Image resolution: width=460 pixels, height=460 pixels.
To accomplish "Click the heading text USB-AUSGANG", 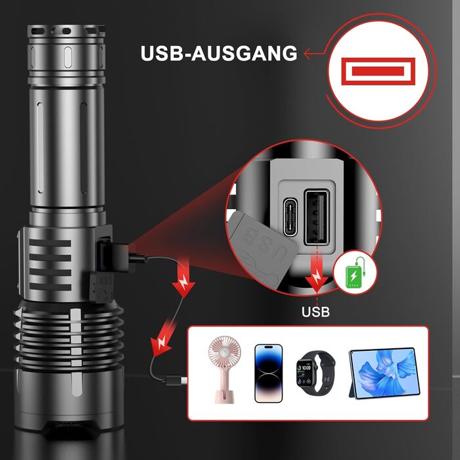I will coord(218,53).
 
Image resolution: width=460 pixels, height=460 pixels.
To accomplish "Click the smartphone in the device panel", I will coord(268,373).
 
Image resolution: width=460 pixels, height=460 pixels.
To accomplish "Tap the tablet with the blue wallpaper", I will coord(383,373).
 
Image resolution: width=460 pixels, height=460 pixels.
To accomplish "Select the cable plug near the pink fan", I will coord(175,380).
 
